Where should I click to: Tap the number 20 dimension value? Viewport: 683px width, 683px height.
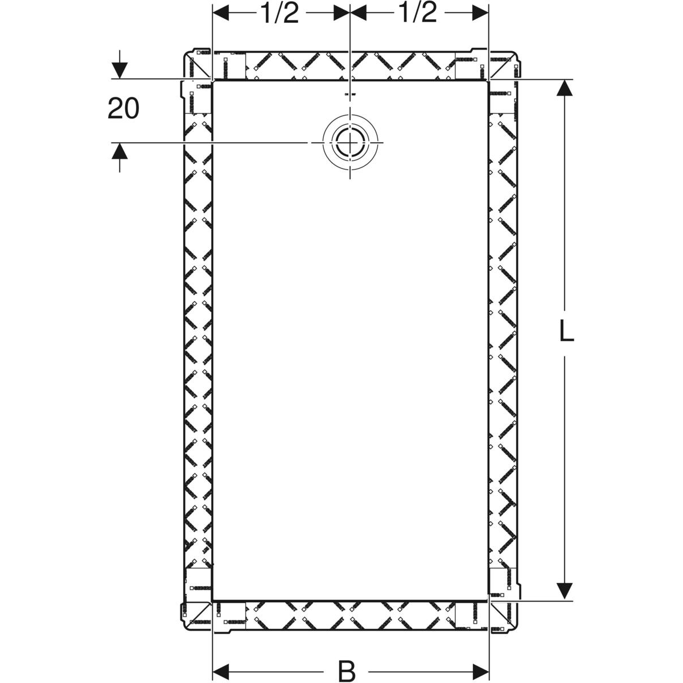[x=124, y=108]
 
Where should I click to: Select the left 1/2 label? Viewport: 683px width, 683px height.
[x=280, y=13]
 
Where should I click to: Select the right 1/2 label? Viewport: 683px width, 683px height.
[x=418, y=13]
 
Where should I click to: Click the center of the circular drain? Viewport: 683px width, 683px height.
[x=350, y=142]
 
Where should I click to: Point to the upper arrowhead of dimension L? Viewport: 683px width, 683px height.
[x=564, y=88]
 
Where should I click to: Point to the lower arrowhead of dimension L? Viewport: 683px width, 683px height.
[x=564, y=590]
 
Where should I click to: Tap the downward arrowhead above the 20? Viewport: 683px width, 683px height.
[x=119, y=69]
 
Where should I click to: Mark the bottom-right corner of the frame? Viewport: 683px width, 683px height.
[x=520, y=629]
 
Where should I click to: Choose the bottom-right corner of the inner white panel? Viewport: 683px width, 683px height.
[x=488, y=600]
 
